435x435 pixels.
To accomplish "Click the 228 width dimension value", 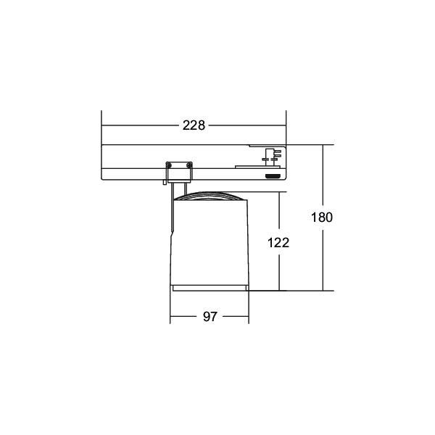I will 194,125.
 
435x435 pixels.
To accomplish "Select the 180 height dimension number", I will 321,217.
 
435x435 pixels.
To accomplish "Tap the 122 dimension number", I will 278,243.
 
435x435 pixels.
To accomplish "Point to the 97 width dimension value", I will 210,317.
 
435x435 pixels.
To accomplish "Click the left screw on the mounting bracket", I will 169,165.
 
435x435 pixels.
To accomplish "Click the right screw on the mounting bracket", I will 189,165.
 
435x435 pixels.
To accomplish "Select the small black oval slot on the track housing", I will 273,175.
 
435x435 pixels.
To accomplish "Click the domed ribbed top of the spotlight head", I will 210,197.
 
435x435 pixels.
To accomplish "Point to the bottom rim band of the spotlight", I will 210,289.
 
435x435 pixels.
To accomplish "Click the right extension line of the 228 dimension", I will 286,130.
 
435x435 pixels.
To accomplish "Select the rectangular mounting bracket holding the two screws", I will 179,170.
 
